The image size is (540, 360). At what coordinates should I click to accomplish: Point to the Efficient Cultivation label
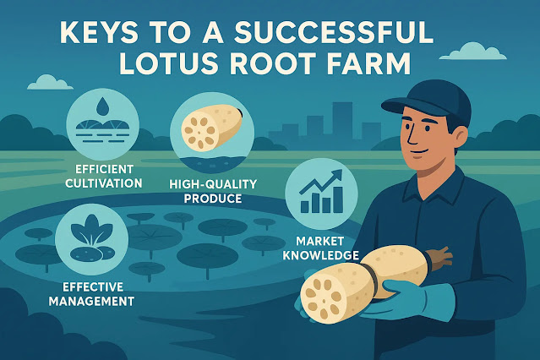95,175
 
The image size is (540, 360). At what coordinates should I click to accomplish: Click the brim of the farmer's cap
403,107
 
